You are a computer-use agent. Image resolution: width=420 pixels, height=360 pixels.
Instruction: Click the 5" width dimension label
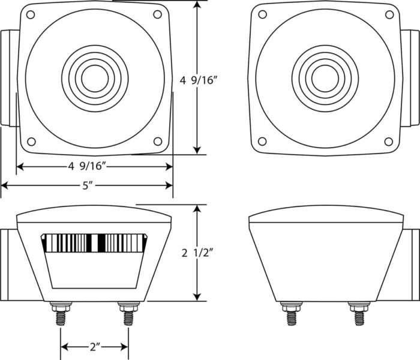tap(88, 185)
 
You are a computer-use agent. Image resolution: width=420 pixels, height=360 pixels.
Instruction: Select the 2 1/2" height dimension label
tap(197, 253)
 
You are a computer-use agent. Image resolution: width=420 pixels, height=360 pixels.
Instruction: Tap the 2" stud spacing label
tap(95, 347)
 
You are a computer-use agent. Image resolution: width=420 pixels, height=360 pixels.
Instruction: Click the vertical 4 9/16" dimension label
tap(197, 80)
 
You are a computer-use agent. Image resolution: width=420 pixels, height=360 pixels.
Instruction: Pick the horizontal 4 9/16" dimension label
tap(88, 166)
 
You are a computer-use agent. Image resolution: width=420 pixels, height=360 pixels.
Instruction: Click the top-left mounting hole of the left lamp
tap(31, 15)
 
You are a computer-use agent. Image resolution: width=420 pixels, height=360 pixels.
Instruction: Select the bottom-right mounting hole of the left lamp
tap(158, 141)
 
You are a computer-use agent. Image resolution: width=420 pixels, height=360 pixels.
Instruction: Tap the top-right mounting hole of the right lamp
tap(389, 15)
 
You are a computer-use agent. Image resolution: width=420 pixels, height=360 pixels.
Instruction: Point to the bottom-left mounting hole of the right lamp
tap(262, 141)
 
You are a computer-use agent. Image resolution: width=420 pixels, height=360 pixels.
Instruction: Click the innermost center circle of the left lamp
tap(95, 79)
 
